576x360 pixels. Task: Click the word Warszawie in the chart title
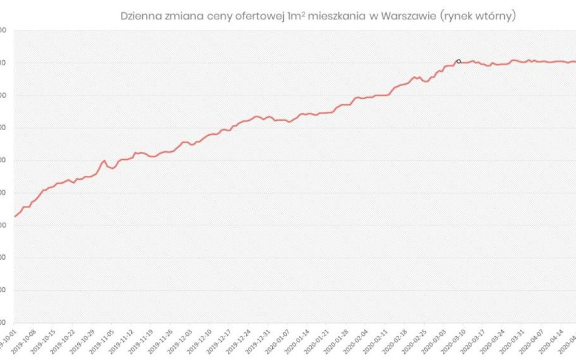click(x=399, y=16)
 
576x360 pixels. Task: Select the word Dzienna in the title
click(x=140, y=16)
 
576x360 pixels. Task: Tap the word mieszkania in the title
click(x=333, y=16)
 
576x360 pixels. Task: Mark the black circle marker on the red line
click(x=458, y=61)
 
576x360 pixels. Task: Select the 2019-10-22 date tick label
click(x=64, y=341)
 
